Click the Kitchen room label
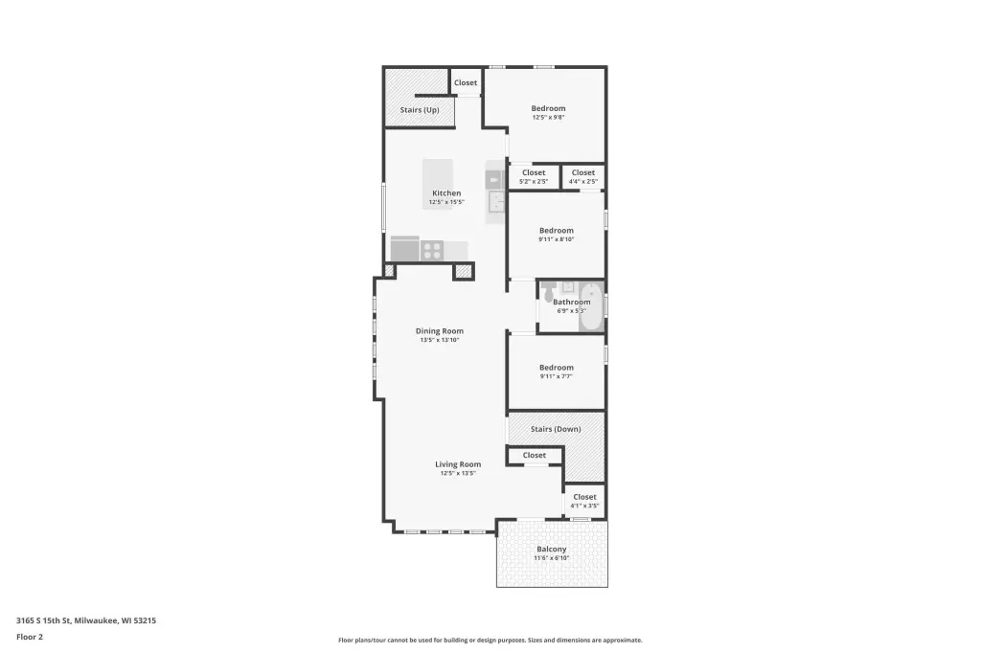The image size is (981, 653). click(x=446, y=193)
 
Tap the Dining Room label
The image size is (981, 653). click(x=440, y=331)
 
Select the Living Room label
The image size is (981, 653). click(x=458, y=464)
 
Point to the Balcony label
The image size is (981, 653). click(x=551, y=550)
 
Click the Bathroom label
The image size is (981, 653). click(x=571, y=303)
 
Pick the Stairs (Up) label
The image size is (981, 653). click(x=420, y=110)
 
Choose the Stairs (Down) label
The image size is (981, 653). click(x=556, y=429)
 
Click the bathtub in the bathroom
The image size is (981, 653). click(x=591, y=306)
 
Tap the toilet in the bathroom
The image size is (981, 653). click(x=549, y=291)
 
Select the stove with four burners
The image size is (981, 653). click(x=432, y=251)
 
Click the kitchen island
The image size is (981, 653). click(x=438, y=184)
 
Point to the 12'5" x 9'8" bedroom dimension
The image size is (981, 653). click(x=549, y=118)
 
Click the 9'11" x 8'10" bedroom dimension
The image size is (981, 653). click(x=557, y=239)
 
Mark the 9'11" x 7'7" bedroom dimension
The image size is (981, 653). click(x=557, y=376)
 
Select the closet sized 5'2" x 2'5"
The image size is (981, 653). click(x=534, y=177)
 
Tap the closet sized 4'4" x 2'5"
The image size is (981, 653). click(x=583, y=177)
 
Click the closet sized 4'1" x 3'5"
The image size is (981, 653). click(x=585, y=501)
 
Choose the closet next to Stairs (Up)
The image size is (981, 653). click(x=466, y=82)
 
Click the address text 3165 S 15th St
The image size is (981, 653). click(x=44, y=620)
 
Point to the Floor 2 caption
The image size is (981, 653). click(x=30, y=637)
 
